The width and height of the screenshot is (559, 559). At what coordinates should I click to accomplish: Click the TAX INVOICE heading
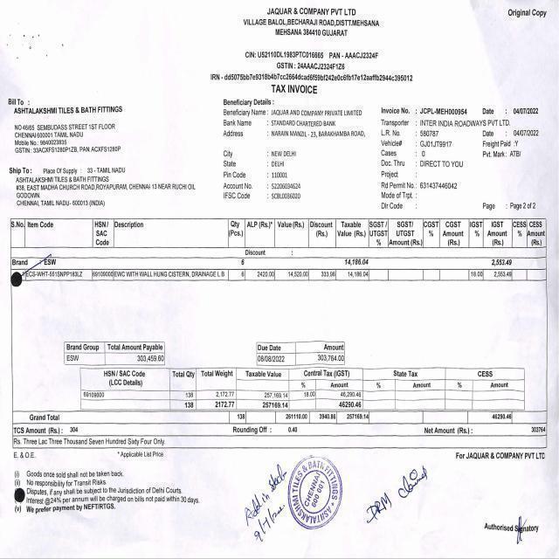point(293,89)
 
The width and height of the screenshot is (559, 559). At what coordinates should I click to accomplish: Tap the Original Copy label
point(528,12)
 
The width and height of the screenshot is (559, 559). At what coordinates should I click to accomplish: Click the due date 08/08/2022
point(271,358)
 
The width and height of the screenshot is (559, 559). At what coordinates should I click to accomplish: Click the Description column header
point(129,224)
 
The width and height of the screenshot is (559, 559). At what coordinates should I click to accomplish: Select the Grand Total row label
point(45,418)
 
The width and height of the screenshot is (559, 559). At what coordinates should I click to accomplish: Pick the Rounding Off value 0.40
point(292,430)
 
